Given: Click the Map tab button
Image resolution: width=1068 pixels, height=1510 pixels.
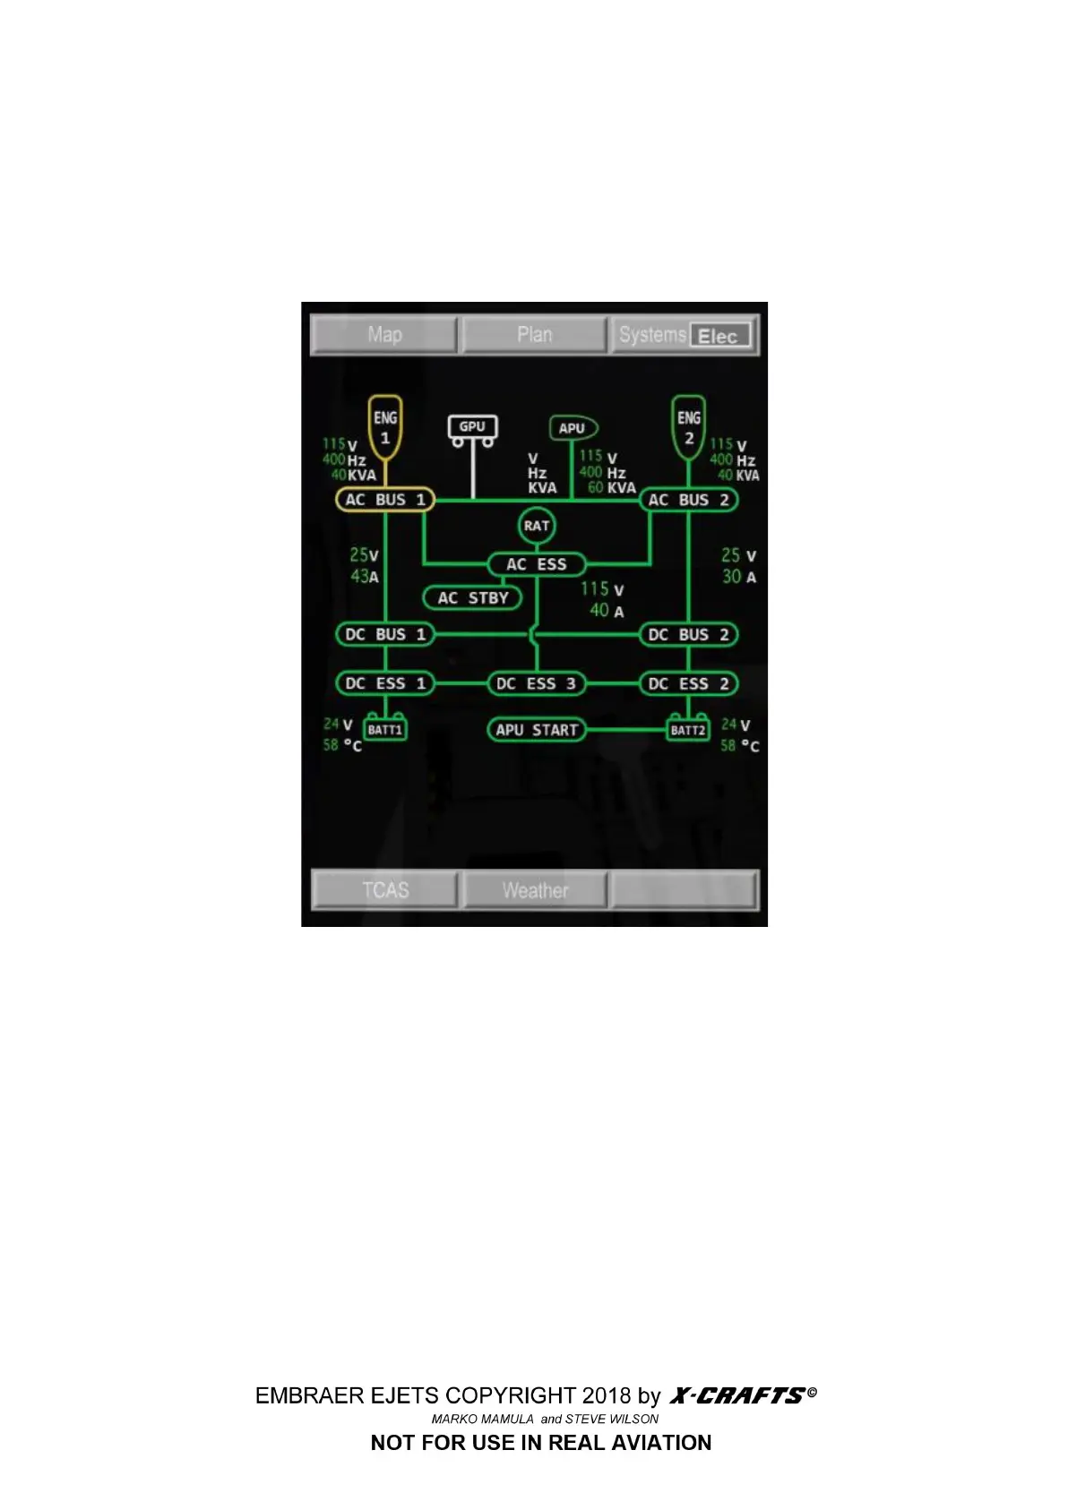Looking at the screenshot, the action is click(x=384, y=335).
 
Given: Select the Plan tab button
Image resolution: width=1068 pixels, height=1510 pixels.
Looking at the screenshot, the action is click(x=534, y=335).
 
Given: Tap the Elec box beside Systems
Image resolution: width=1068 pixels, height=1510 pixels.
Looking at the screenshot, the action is click(x=719, y=337).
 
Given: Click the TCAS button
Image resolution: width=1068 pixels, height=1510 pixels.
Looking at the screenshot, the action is click(x=385, y=890).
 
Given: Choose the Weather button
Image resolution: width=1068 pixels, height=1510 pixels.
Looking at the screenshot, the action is click(x=535, y=890).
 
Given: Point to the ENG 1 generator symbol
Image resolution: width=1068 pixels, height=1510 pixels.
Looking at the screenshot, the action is click(x=385, y=427).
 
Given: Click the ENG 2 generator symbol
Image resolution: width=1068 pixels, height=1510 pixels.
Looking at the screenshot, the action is click(x=688, y=427).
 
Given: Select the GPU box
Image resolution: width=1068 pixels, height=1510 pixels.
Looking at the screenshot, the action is click(x=472, y=427).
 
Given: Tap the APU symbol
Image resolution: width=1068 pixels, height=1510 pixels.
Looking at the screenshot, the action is click(x=573, y=428).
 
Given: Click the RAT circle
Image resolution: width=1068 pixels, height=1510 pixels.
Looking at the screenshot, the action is click(x=536, y=526).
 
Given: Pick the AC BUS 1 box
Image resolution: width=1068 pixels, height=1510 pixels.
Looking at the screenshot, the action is click(x=385, y=500).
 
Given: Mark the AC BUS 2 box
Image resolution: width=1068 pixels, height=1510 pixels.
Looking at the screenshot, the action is click(x=688, y=500).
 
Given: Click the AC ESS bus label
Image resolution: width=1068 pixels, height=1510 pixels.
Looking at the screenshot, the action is click(x=536, y=564).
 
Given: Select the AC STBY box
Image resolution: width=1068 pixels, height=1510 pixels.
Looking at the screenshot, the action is click(x=472, y=597).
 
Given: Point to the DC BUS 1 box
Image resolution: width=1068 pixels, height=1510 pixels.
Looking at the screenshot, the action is click(x=385, y=634).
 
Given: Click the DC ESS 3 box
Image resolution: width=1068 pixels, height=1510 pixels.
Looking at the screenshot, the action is click(x=536, y=683).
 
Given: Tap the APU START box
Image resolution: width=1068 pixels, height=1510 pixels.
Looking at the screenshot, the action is click(x=536, y=730).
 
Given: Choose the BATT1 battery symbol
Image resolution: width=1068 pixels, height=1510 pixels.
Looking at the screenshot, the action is click(x=385, y=729).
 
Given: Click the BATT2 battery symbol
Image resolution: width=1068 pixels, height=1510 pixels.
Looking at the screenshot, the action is click(x=688, y=729).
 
